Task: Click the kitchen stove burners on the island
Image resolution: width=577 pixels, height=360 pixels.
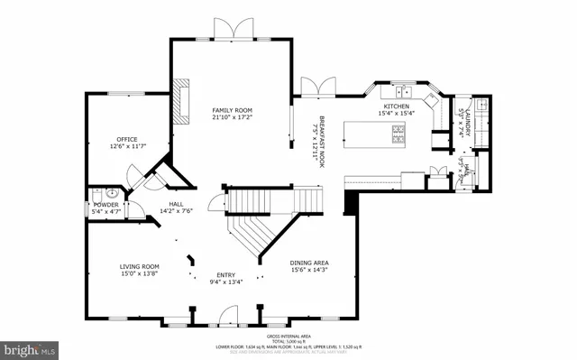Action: [x=398, y=133]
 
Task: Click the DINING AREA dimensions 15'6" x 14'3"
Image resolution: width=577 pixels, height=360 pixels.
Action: [x=309, y=269]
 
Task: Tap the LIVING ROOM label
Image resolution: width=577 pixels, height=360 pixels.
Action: [x=140, y=266]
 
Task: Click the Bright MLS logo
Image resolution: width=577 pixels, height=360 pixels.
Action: [x=29, y=347]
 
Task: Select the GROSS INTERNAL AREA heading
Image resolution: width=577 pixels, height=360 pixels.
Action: [x=288, y=334]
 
